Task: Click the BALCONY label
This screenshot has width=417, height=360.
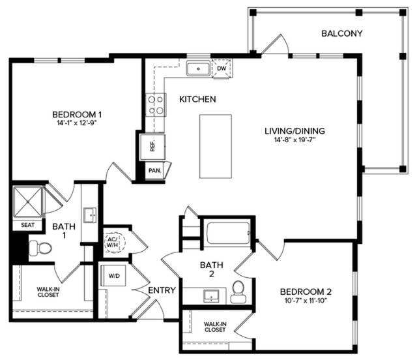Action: click(342, 33)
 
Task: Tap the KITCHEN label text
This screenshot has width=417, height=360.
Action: click(197, 99)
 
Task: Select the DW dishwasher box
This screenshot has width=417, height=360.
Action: click(221, 68)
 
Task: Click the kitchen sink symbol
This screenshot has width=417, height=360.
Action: click(197, 68)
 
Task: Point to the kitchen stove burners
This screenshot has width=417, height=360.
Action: click(155, 105)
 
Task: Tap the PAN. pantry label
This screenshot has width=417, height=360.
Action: click(154, 170)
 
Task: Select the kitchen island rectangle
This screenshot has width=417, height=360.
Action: click(215, 146)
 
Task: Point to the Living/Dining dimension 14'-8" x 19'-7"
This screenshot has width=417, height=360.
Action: click(295, 140)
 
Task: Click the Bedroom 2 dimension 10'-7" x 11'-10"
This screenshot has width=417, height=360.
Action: click(306, 301)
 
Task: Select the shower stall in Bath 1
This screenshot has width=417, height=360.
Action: click(27, 201)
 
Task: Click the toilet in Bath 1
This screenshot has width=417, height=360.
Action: click(42, 248)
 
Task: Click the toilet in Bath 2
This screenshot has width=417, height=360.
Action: click(238, 292)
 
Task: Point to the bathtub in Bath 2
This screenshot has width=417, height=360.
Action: click(227, 232)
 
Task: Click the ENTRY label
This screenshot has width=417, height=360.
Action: click(162, 290)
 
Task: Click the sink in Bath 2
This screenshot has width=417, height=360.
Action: click(211, 296)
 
